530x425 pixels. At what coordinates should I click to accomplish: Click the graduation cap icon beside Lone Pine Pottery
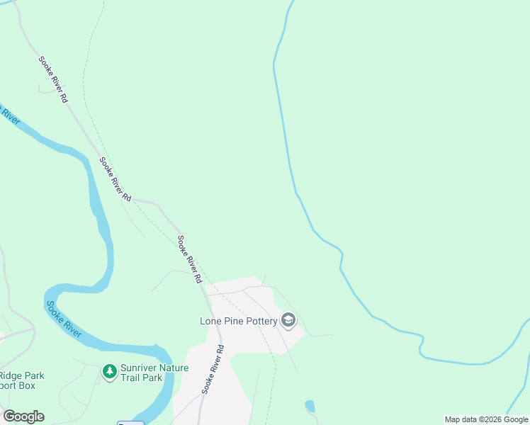click(x=288, y=321)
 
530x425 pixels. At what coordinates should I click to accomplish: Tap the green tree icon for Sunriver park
click(x=109, y=370)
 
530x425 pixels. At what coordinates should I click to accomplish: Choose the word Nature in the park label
click(x=174, y=368)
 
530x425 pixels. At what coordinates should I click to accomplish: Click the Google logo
click(x=23, y=416)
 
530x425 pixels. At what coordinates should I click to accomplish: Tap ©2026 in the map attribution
click(x=488, y=420)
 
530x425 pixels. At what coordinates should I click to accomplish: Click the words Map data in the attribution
click(x=460, y=420)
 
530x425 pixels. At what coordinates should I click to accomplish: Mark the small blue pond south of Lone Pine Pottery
click(x=310, y=406)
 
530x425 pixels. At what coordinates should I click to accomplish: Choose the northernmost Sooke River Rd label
click(x=53, y=79)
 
